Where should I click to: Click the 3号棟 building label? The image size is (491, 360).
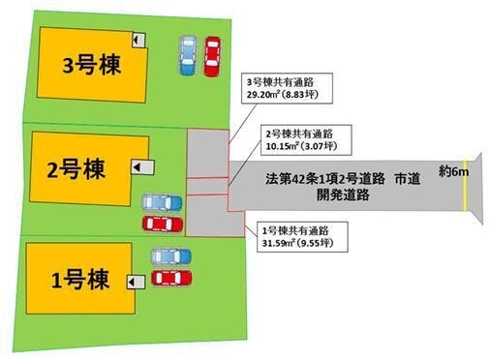coord(91,65)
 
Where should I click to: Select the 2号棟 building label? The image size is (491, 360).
coord(77,169)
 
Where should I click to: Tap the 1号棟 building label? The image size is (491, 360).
coord(80,280)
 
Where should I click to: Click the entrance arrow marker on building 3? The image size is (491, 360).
coord(138,40)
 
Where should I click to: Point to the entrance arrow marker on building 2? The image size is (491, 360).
coord(142,167)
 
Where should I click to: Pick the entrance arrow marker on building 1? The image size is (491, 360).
coord(136,283)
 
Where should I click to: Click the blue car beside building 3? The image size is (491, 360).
coord(188,55)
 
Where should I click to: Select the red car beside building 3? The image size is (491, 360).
coord(212,56)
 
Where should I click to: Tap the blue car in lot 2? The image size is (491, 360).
coord(162,202)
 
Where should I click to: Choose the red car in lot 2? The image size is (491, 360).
coord(163,224)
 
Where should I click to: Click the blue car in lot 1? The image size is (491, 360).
coord(171,256)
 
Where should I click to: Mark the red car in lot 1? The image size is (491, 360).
coord(171,278)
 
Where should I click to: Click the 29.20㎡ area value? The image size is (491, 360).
coord(264,95)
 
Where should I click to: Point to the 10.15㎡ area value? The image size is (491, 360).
coord(284,146)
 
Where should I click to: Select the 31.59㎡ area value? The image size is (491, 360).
coord(280,243)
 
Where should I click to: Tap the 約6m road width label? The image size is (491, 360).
coord(453,171)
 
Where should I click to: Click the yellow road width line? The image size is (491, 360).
coord(465,186)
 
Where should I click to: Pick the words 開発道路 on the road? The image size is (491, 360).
coord(343,195)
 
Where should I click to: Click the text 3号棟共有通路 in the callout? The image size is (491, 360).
coord(280,82)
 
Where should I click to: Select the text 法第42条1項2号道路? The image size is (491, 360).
coord(325,179)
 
